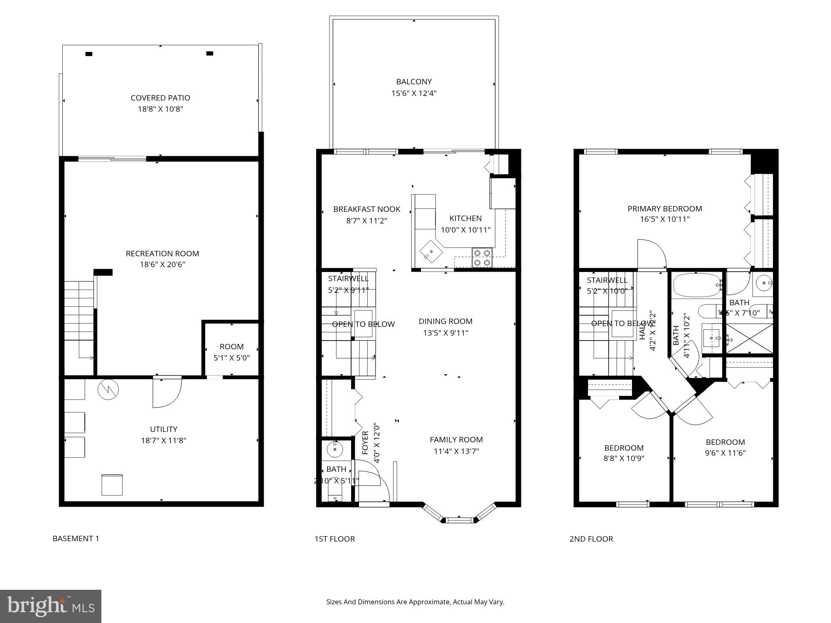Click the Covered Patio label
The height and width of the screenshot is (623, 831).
point(160,98)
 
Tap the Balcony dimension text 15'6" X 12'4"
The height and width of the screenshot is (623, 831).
point(414,93)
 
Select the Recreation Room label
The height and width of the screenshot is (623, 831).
point(162,253)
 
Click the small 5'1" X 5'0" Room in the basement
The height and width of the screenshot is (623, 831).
point(231,351)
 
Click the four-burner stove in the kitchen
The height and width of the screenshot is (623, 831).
point(482,258)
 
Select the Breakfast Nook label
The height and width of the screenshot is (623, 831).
point(366,209)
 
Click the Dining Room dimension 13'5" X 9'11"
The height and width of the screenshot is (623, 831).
point(445,333)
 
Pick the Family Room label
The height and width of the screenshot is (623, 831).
point(456,439)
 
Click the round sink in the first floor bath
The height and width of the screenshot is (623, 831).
point(333,449)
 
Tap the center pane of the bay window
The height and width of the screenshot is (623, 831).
point(460,520)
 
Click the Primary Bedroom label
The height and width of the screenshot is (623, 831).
point(665,208)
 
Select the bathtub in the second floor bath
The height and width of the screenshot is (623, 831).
point(696,285)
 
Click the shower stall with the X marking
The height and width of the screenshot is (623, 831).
point(749,338)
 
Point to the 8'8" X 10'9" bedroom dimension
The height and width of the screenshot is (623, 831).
point(624,459)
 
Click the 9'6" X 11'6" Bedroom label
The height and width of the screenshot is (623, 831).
point(725,442)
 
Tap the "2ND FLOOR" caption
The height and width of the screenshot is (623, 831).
point(591,539)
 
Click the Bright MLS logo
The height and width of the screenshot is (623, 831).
point(51,606)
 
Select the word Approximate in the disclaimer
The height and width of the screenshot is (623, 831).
point(430,602)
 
